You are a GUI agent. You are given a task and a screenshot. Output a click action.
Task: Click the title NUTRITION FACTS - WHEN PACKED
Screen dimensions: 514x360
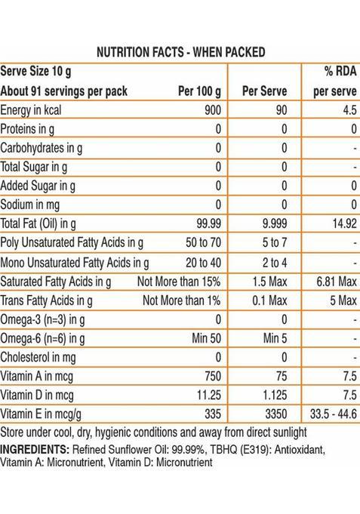[180, 52]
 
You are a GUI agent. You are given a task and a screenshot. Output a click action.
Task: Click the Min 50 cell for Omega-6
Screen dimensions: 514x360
[205, 337]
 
